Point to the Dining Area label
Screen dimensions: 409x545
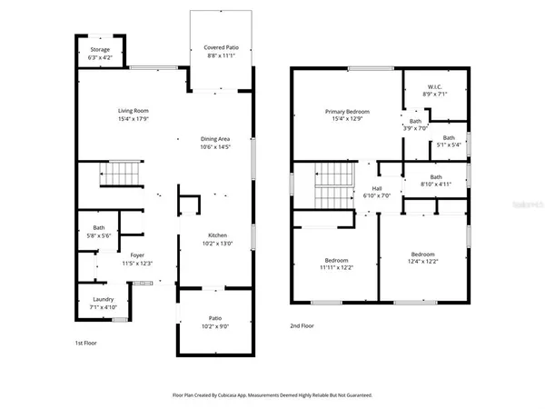pos(214,138)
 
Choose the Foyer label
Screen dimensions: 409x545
pos(137,255)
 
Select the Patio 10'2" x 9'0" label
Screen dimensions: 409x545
pos(214,318)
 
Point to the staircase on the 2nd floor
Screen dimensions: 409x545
pos(330,187)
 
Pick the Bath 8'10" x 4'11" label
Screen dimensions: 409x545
pos(436,180)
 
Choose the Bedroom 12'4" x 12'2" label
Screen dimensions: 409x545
pos(422,256)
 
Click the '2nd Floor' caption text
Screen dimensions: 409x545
pos(302,325)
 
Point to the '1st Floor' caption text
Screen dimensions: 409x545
pos(85,343)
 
